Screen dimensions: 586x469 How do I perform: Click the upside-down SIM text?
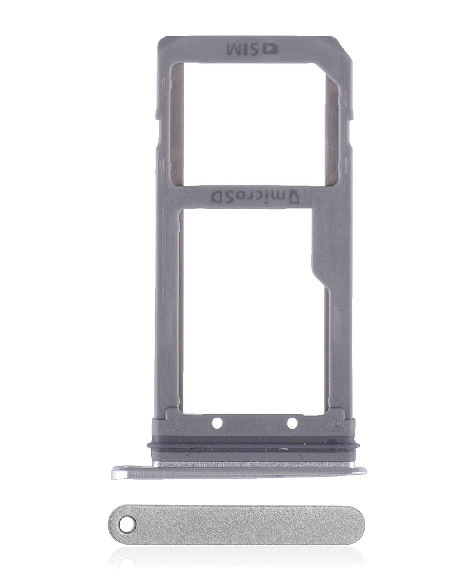click(x=246, y=50)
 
